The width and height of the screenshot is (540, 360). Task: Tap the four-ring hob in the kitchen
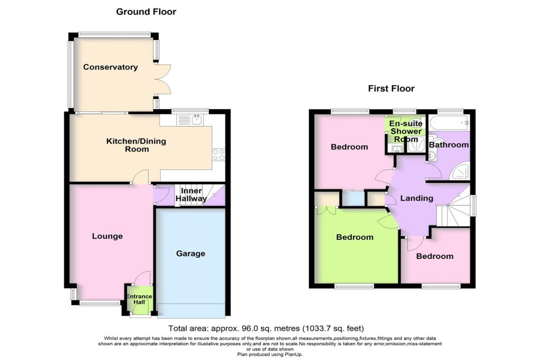[x=218, y=154]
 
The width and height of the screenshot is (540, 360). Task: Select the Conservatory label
[x=110, y=67]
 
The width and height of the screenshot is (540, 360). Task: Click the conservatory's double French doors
[x=163, y=79]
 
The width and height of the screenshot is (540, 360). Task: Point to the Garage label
[x=190, y=254]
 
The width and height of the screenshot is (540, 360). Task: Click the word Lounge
[x=108, y=236]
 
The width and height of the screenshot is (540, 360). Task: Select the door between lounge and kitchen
[x=140, y=179]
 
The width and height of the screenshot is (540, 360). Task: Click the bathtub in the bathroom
[x=448, y=124]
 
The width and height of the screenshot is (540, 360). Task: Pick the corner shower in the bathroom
[x=462, y=171]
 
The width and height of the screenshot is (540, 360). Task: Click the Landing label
[x=416, y=198]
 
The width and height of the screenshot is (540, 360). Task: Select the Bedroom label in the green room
[x=355, y=237]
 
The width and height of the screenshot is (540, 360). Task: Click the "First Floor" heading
[x=391, y=89]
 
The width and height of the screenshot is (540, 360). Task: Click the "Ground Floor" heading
[x=146, y=12]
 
